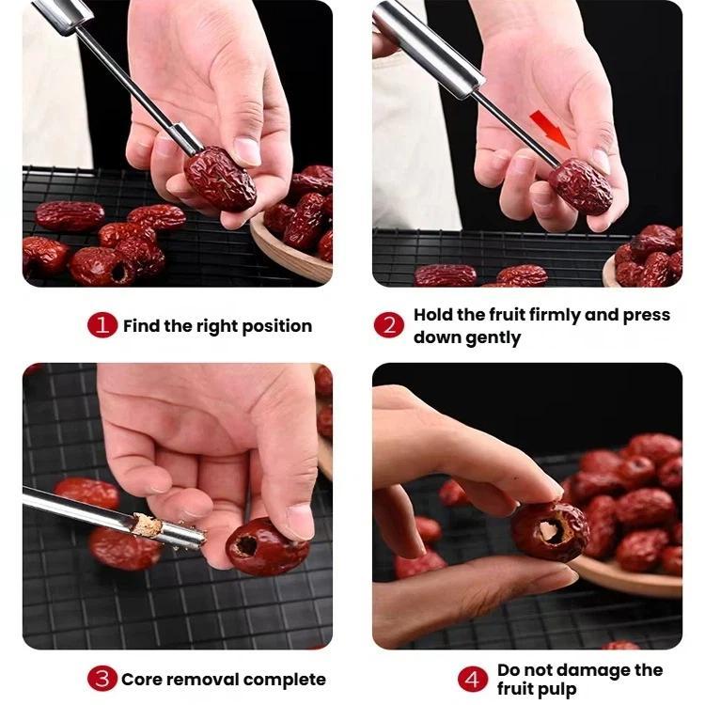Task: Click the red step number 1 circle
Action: [x=102, y=324]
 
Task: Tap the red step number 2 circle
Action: [x=389, y=324]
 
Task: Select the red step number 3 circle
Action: [x=102, y=679]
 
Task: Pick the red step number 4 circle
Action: [x=473, y=679]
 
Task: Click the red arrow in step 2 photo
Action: [x=550, y=131]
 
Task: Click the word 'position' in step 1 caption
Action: [x=277, y=326]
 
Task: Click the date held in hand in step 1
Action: [x=220, y=179]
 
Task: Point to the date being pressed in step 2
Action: [x=580, y=186]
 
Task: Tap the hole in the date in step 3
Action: [x=247, y=545]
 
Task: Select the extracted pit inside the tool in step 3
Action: [x=148, y=525]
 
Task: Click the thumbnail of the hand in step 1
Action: [x=247, y=150]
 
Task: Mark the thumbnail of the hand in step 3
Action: [x=301, y=521]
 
